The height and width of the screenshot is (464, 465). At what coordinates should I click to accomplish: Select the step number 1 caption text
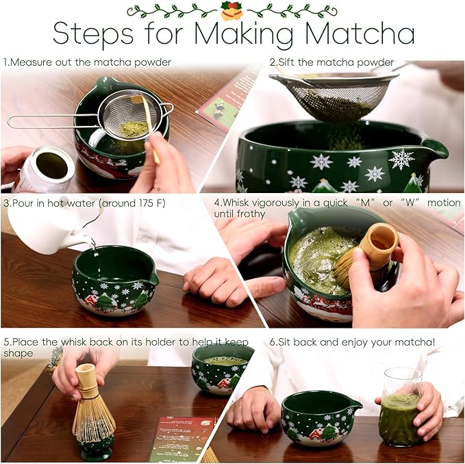87,62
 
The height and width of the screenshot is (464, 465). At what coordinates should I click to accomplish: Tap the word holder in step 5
173,342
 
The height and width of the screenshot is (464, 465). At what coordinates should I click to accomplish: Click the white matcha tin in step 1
45,168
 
